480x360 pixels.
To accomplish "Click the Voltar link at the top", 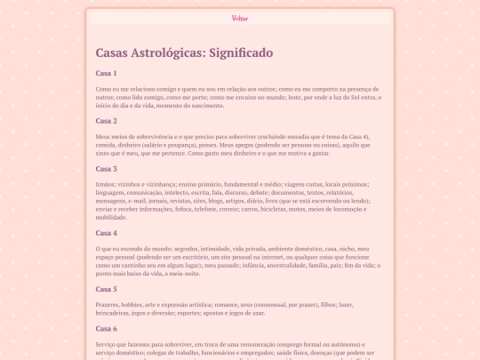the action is pos(240,18).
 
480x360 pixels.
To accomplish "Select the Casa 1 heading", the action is pos(106,73).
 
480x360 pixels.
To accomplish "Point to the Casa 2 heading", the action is pos(106,121).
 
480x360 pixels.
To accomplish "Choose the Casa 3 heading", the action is pos(106,169).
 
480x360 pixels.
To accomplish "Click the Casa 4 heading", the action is pos(106,233).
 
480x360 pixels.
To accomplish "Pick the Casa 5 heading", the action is pos(106,289).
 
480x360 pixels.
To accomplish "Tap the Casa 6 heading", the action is pos(106,328).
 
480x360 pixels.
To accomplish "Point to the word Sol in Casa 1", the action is pos(350,97).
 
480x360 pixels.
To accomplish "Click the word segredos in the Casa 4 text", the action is pos(194,249).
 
